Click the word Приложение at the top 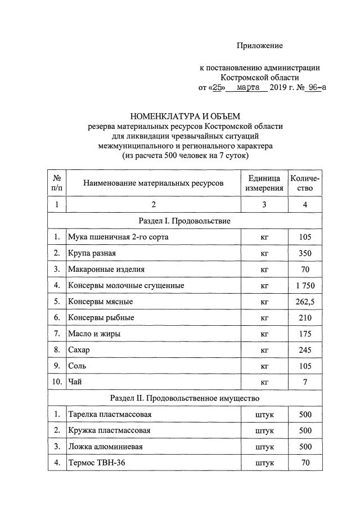(x=259, y=45)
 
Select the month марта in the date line (x=248, y=88)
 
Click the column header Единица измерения (x=264, y=183)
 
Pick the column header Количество (x=305, y=183)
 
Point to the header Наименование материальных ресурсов (x=153, y=183)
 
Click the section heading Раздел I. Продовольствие (x=184, y=221)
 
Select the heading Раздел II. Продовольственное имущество (x=184, y=398)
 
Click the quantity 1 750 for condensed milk (x=305, y=285)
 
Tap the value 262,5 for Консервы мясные (x=305, y=302)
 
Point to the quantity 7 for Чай (x=305, y=382)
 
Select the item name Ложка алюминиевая (x=105, y=447)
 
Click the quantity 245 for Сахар (x=305, y=350)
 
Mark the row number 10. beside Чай (x=57, y=382)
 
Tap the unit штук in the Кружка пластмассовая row (x=264, y=430)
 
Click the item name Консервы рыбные (x=101, y=317)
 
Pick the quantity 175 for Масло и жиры (x=305, y=334)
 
